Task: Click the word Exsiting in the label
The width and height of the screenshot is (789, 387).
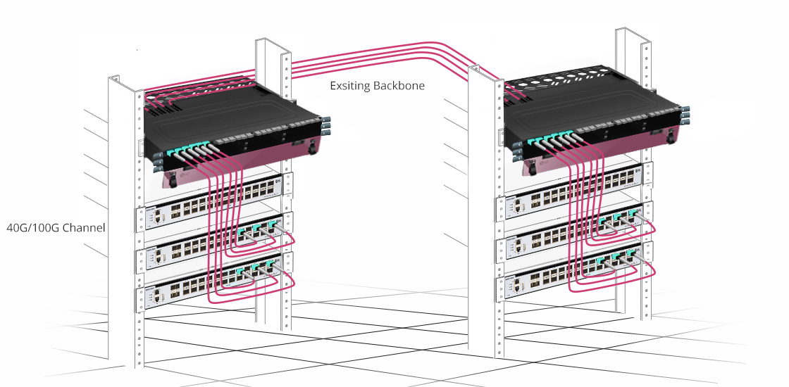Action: tap(349, 85)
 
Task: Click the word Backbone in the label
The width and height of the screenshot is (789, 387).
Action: tap(399, 85)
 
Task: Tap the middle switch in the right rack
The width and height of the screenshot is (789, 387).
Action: tap(573, 229)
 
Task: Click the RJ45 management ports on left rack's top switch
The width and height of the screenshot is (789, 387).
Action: tap(159, 216)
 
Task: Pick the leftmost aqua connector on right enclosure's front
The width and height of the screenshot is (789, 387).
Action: tap(533, 141)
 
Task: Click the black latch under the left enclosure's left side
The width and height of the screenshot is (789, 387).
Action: tap(173, 179)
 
